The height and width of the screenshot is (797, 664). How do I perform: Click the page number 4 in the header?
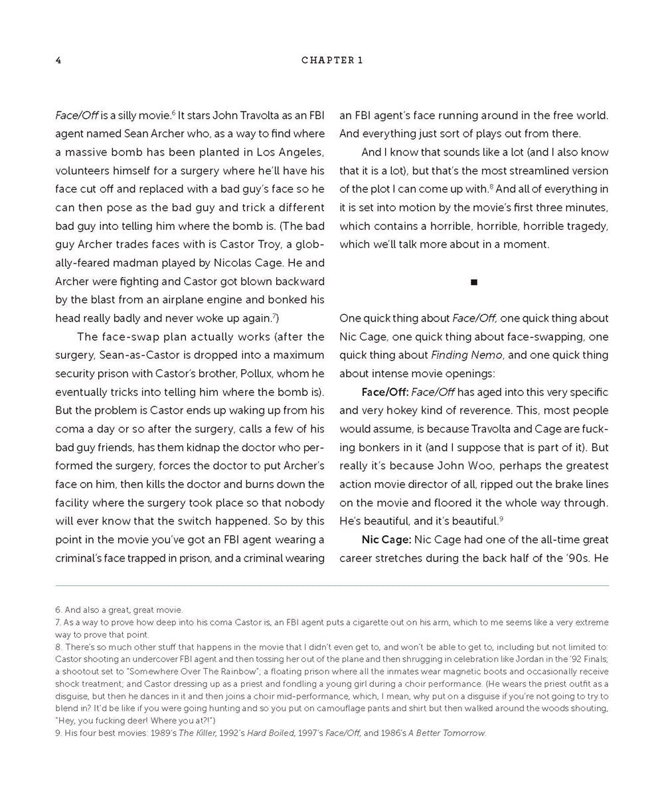coord(58,60)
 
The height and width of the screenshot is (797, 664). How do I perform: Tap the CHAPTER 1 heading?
coord(332,60)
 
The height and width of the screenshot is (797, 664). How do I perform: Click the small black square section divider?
coord(474,282)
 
